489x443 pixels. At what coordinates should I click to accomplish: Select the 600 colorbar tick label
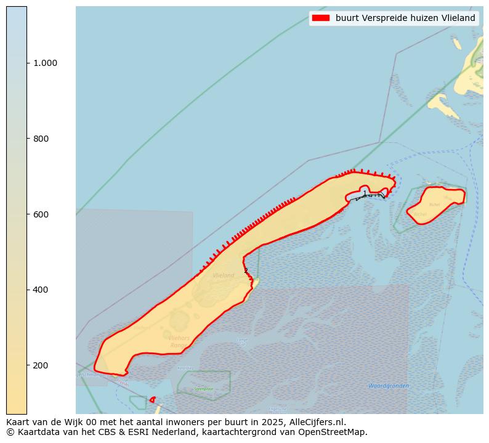[40, 214]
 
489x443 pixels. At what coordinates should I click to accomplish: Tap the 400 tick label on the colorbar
[40, 290]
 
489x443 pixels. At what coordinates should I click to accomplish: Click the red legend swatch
[321, 18]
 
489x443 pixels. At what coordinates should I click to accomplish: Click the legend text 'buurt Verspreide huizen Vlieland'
[405, 18]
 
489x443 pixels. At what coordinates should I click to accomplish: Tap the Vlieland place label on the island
[223, 275]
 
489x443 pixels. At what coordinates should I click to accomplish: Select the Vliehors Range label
[178, 342]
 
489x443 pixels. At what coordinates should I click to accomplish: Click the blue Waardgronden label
[389, 386]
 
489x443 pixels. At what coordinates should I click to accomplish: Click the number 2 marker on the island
[246, 270]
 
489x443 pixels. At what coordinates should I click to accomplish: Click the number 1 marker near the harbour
[365, 193]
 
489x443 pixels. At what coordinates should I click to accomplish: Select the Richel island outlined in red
[434, 205]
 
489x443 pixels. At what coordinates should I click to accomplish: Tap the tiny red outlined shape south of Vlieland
[152, 400]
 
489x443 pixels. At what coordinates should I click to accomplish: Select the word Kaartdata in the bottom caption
[35, 432]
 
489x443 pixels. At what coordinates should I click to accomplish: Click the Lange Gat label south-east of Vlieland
[242, 342]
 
